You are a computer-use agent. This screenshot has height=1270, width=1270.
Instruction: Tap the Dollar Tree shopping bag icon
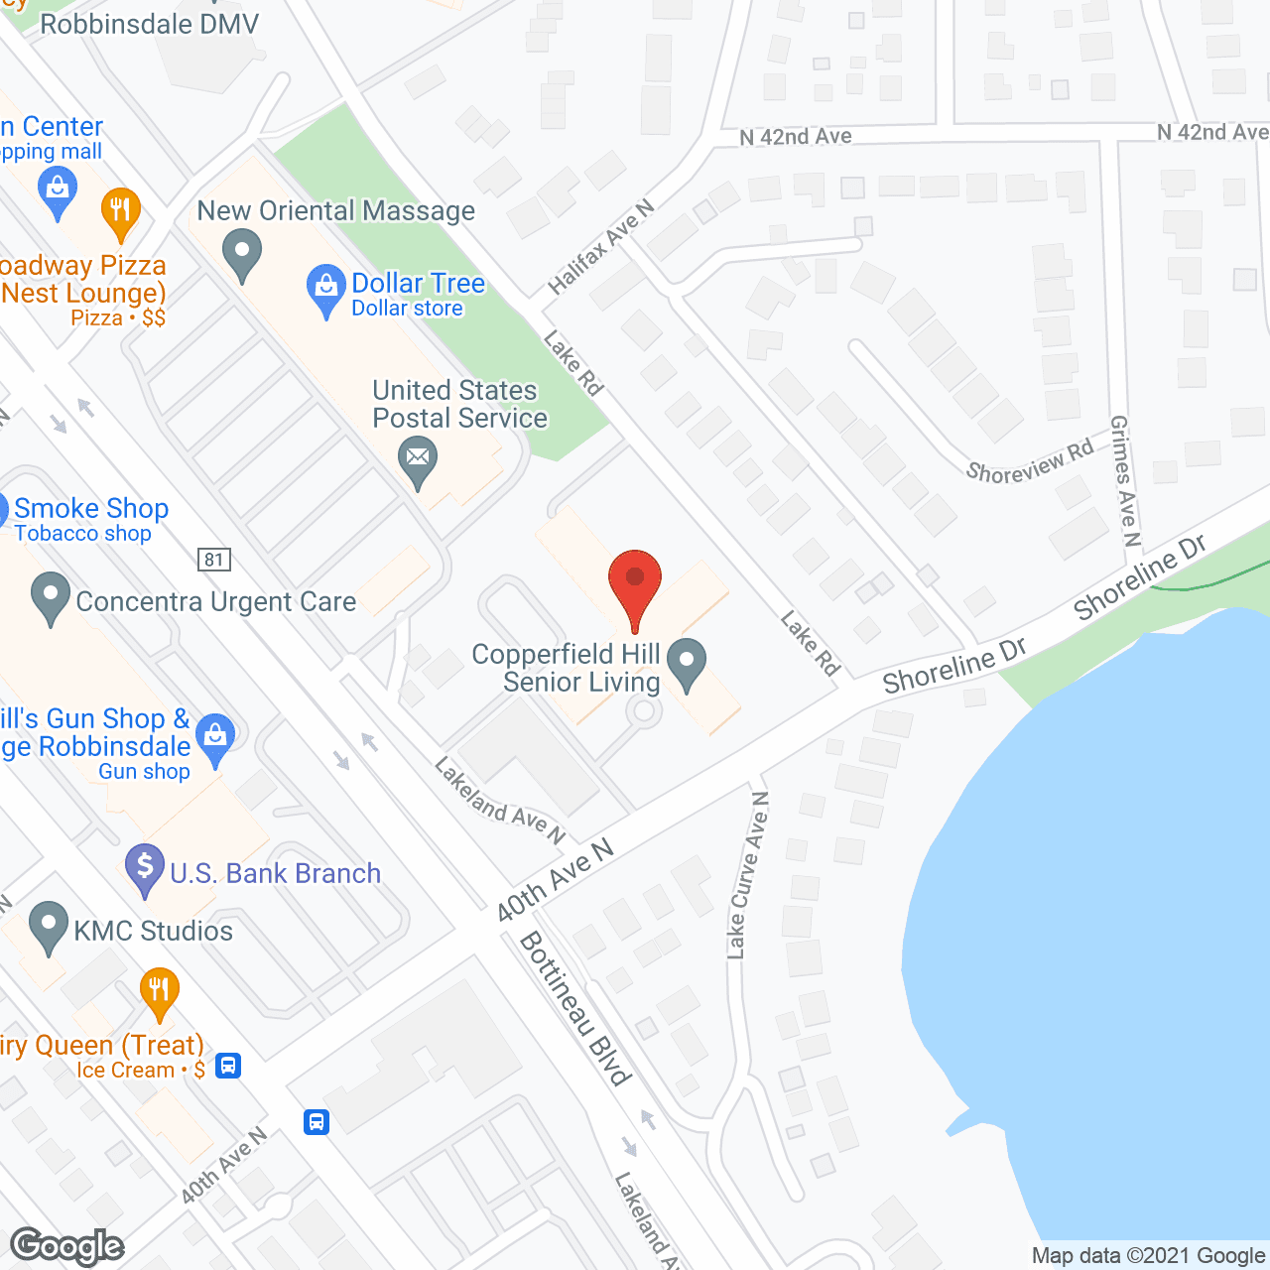click(x=325, y=290)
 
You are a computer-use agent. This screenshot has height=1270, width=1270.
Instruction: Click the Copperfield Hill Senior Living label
click(x=566, y=668)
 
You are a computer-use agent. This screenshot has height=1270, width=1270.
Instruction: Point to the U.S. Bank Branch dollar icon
click(x=145, y=869)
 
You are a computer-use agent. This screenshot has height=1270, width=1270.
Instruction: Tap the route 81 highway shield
click(x=214, y=560)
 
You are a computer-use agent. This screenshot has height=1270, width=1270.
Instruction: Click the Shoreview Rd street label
click(x=1029, y=460)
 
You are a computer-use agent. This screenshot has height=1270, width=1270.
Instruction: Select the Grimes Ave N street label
click(x=1125, y=480)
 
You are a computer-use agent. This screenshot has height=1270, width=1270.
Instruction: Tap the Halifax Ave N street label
click(x=601, y=247)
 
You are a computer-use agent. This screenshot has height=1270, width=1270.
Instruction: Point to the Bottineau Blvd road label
click(x=575, y=1007)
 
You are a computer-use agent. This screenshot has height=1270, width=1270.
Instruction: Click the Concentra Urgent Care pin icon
click(x=50, y=598)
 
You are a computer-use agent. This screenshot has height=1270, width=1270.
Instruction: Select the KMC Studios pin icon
click(x=49, y=927)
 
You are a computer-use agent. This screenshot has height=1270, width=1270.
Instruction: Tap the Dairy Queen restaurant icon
click(x=159, y=992)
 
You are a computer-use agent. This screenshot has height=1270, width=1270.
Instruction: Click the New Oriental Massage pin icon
click(x=241, y=253)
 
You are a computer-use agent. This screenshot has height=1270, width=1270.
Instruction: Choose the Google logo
click(x=67, y=1246)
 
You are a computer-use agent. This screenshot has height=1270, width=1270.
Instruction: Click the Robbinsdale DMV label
click(x=149, y=24)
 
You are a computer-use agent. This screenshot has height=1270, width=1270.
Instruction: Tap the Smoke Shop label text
click(x=90, y=509)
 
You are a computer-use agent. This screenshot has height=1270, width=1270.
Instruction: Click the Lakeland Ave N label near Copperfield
click(x=499, y=801)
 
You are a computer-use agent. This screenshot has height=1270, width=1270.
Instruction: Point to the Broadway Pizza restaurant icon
click(x=120, y=212)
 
